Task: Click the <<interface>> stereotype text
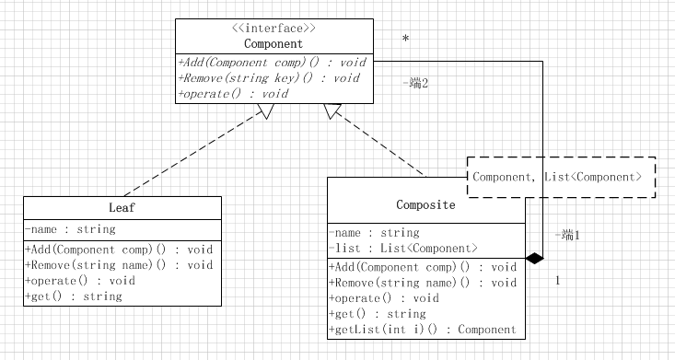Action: coord(273,29)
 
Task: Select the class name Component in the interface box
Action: coord(273,43)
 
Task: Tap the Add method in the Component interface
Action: coord(272,63)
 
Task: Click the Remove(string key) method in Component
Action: coord(268,78)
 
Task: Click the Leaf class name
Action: coord(122,208)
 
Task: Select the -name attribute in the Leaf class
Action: coord(70,229)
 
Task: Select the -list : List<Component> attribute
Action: coord(403,249)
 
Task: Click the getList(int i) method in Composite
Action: coord(422,330)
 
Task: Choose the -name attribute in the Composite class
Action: coord(374,233)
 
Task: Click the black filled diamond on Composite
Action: coord(534,259)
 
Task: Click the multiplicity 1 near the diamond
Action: coord(557,281)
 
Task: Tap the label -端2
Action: coord(415,83)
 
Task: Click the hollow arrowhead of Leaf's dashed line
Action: coord(265,111)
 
